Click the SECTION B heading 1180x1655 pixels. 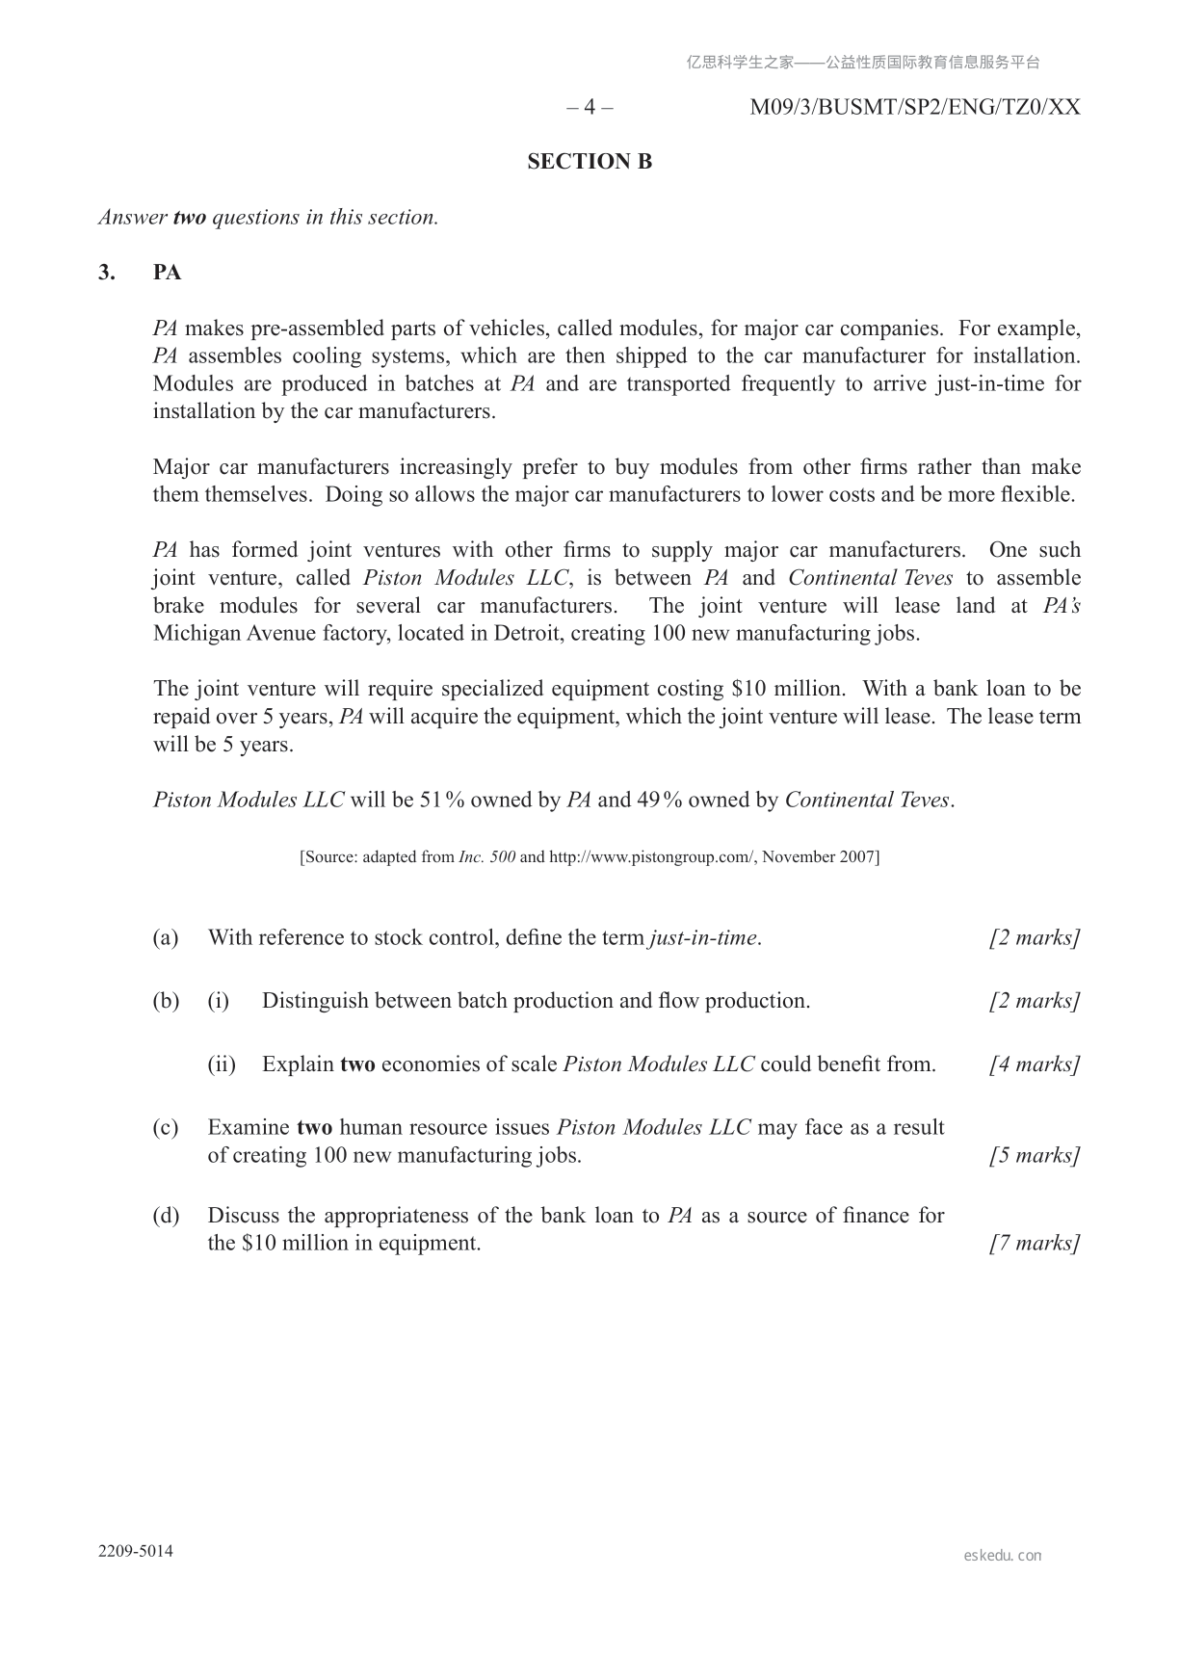(x=590, y=162)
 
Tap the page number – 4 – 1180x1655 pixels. (x=590, y=107)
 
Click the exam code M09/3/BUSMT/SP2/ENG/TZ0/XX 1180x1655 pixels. (x=914, y=107)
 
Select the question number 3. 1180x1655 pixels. (x=106, y=273)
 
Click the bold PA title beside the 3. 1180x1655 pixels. (x=167, y=273)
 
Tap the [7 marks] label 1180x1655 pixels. (x=1034, y=1244)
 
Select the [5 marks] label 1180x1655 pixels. (x=1034, y=1156)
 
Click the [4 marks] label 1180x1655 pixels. (x=1034, y=1064)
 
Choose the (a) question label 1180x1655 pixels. (x=166, y=938)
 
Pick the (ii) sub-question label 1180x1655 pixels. (x=222, y=1064)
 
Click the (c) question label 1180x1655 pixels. (x=166, y=1128)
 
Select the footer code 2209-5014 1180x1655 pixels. (x=136, y=1552)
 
